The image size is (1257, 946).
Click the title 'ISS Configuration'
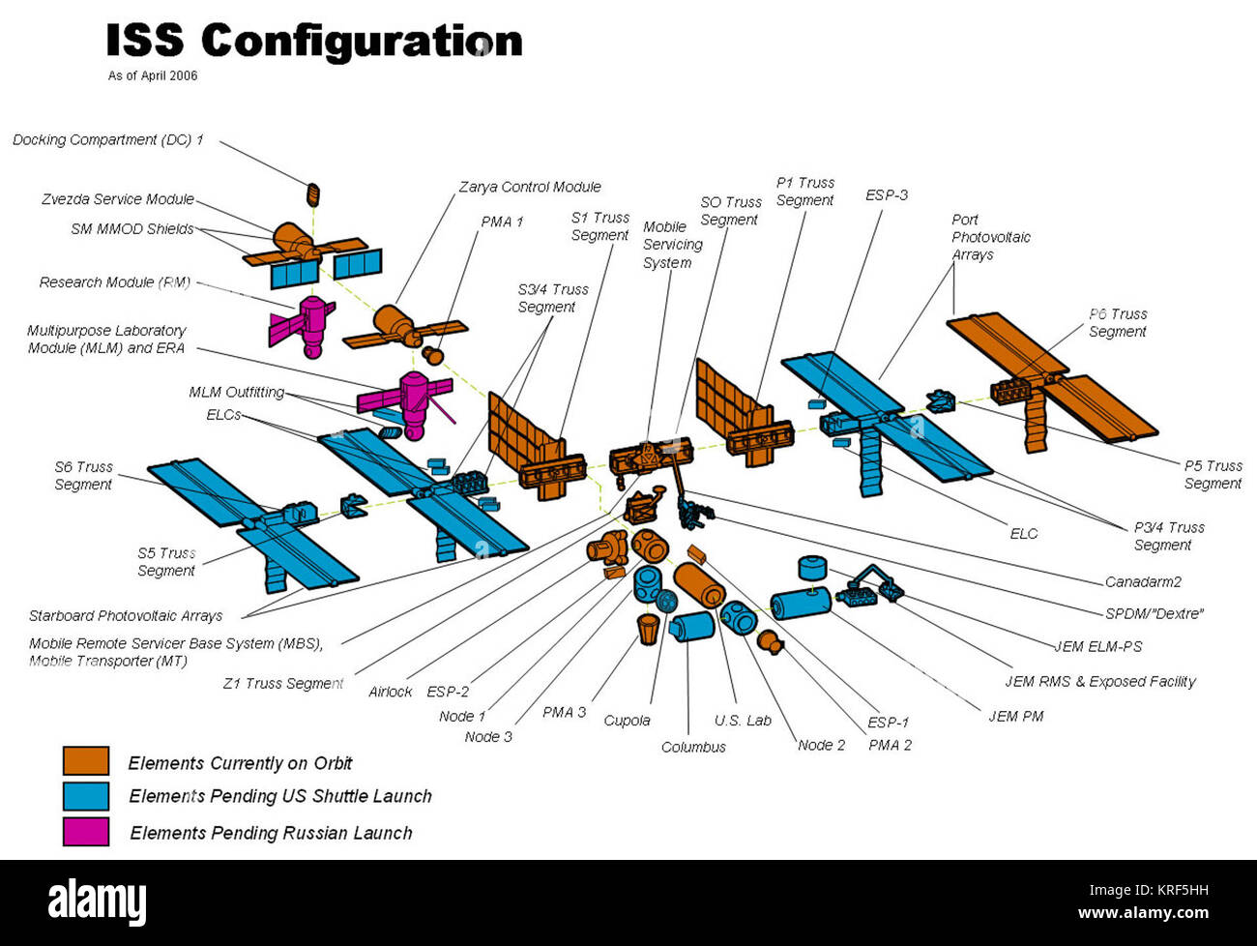[313, 42]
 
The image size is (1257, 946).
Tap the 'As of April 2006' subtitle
[153, 75]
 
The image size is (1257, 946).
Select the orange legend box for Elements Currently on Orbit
[86, 761]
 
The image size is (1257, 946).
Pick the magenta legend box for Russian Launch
[86, 832]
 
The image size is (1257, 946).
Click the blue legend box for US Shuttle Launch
[86, 796]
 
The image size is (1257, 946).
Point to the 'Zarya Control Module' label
[529, 187]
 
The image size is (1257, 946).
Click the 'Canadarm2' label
[1143, 581]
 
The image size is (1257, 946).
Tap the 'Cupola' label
[627, 721]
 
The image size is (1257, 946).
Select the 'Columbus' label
[693, 747]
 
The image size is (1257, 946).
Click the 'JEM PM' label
[1015, 716]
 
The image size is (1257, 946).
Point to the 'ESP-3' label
[886, 194]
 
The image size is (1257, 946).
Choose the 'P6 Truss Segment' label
[1117, 322]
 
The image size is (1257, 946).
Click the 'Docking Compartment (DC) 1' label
[107, 140]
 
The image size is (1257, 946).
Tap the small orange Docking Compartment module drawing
[312, 193]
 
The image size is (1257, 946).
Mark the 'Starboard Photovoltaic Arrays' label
[126, 615]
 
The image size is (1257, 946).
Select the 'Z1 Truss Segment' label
[282, 683]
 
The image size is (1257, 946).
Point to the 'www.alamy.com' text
[1148, 912]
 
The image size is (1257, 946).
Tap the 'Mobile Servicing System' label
[672, 245]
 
